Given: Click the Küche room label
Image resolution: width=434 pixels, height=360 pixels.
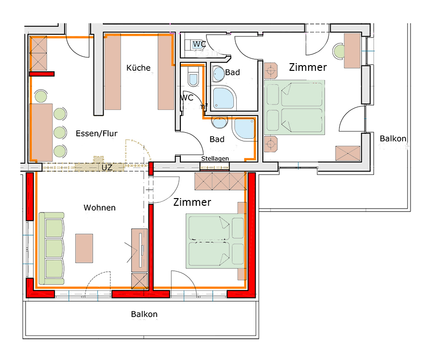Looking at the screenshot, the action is point(138,68).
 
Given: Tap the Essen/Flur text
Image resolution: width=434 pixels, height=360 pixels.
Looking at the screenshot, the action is point(96,133).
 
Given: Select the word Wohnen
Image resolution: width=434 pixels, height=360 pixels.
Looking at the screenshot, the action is point(100,208).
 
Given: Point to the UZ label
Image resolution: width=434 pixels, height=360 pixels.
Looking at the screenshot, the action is point(107,167).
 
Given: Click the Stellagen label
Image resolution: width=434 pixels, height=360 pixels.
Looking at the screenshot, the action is point(215,159).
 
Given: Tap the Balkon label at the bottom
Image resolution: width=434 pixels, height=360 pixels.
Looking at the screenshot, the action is point(144,314).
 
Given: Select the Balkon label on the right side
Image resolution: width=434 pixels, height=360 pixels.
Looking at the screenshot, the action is point(393,138).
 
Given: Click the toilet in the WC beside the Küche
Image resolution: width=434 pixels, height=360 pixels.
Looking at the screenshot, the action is point(193,76).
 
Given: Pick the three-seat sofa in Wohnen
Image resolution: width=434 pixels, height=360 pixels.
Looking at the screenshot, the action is point(52,248).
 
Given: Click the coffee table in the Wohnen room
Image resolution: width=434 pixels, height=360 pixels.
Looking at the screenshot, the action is point(84,248).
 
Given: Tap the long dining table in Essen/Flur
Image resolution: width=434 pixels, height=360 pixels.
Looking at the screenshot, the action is point(41,132).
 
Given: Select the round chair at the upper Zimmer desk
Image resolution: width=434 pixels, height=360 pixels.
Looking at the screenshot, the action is point(339,51).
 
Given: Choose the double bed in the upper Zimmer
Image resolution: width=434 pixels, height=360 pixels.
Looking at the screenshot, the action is point(295,107).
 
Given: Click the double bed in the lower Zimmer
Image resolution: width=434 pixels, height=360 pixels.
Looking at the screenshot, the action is point(215,241).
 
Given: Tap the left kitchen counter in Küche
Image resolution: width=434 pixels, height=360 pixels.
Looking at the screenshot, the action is point(113,72).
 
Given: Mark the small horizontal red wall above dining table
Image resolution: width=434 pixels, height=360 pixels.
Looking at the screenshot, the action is point(42,74).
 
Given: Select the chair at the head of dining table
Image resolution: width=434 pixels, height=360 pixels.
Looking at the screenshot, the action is point(41,96).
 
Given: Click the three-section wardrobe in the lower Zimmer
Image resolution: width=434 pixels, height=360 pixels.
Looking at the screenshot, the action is point(220,181).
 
